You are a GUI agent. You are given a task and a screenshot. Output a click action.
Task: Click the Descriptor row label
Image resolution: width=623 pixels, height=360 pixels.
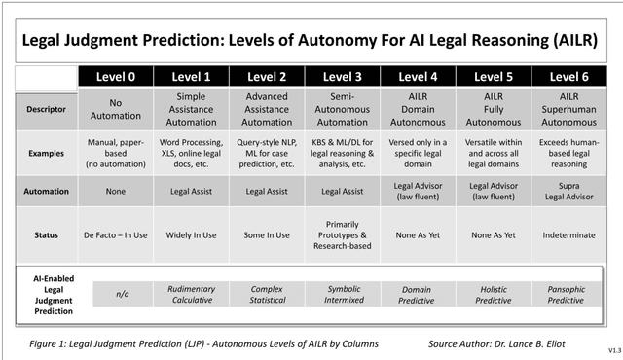pyautogui.click(x=46, y=109)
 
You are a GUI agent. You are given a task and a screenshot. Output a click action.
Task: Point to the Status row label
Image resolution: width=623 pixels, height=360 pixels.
pyautogui.click(x=46, y=234)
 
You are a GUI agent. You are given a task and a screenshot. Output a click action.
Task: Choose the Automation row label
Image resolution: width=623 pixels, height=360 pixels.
pyautogui.click(x=46, y=192)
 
